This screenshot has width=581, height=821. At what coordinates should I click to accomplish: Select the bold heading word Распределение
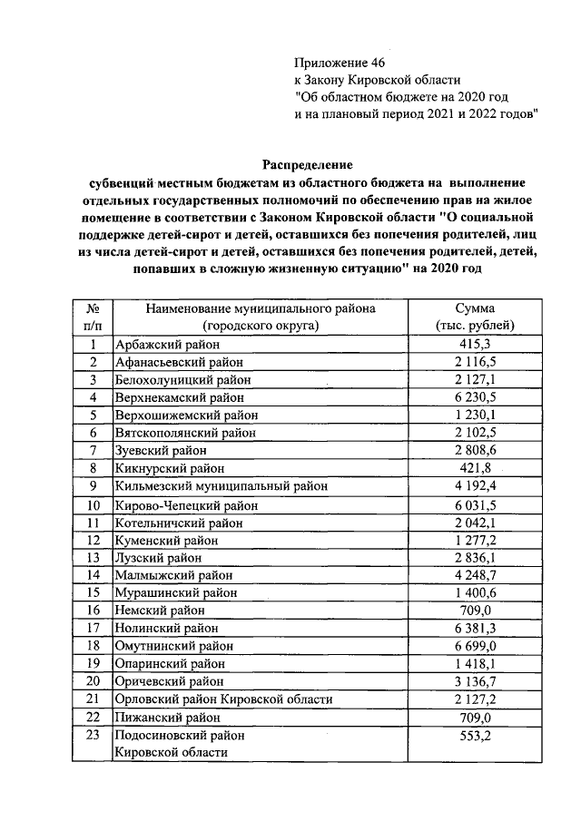[307, 164]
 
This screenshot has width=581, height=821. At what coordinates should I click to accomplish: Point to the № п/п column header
[93, 317]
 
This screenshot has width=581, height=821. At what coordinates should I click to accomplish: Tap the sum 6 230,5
[475, 398]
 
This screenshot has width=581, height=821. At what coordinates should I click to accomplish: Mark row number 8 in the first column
[93, 469]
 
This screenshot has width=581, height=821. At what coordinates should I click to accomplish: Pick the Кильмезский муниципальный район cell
[214, 486]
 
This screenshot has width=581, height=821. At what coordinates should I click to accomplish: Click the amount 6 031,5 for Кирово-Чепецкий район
[475, 504]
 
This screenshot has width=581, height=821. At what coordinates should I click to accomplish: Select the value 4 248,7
[475, 574]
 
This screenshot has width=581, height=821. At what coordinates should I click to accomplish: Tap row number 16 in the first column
[93, 610]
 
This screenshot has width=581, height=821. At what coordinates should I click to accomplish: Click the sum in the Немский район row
[475, 610]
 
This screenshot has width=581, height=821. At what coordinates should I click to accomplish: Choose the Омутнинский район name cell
[173, 645]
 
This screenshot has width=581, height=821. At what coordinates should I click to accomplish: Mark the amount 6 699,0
[475, 645]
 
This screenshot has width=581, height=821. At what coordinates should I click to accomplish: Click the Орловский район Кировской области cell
[222, 699]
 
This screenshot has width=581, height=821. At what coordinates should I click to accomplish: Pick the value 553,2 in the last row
[475, 736]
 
